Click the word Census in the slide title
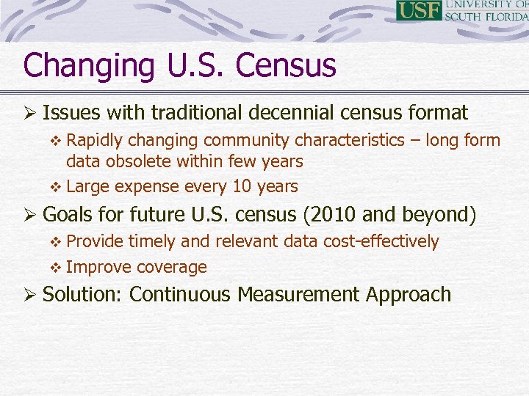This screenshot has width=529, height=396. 286,65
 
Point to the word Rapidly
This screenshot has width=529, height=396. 96,140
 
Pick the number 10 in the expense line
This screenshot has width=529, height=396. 242,186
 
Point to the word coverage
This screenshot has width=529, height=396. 172,268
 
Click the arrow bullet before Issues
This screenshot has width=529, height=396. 30,113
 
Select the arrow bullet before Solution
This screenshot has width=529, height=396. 30,295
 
